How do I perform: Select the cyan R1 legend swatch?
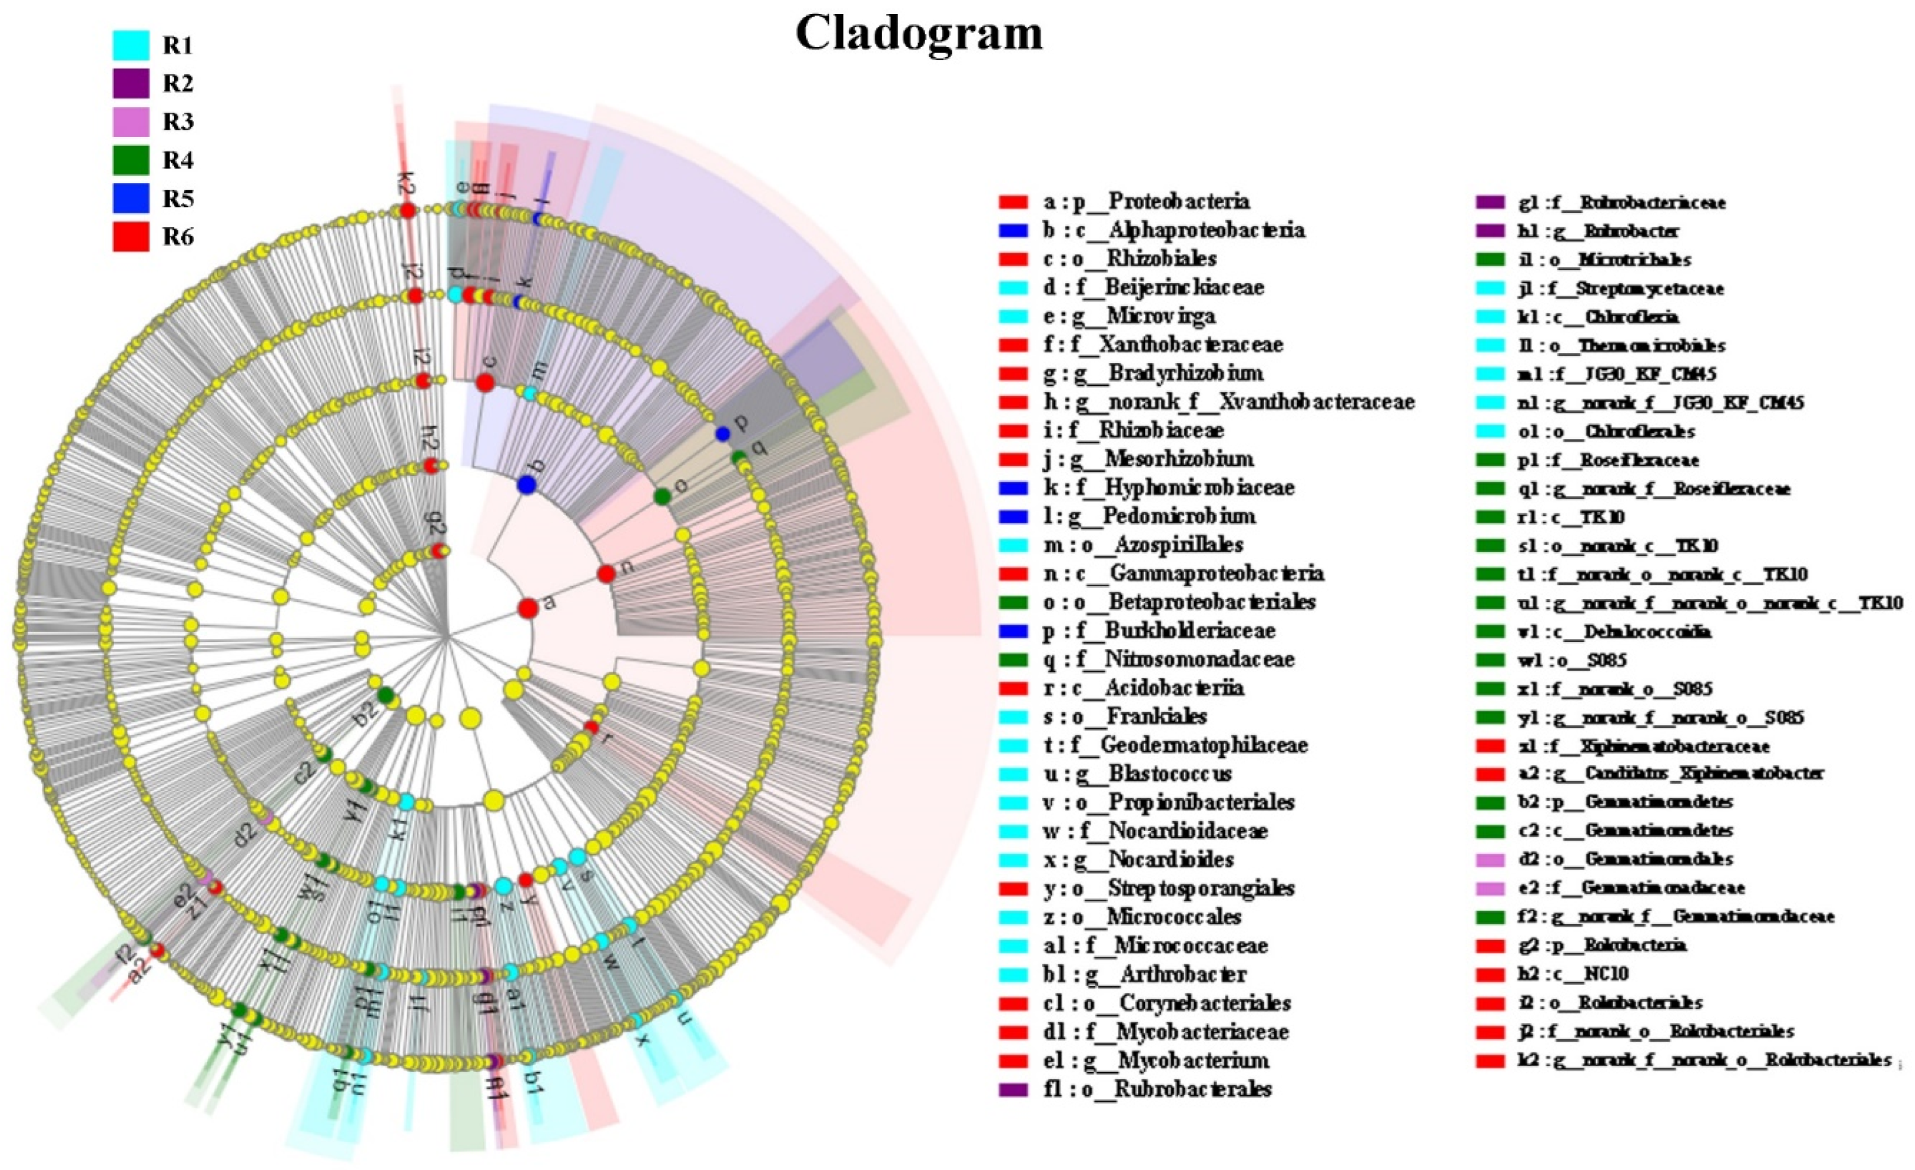[x=130, y=45]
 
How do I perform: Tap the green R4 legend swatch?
[x=130, y=160]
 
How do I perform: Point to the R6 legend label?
[x=178, y=237]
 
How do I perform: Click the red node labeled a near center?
[x=528, y=608]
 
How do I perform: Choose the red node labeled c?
[x=485, y=382]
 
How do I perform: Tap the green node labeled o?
[x=662, y=496]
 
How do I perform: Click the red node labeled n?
[x=606, y=573]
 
